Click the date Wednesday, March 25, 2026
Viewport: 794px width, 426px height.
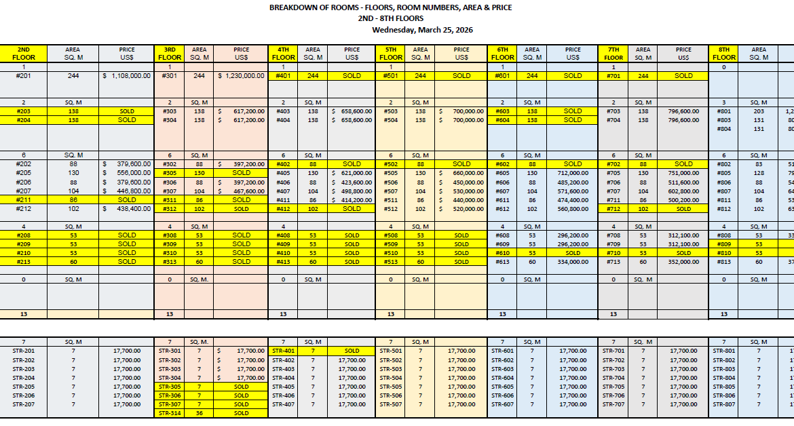pyautogui.click(x=422, y=30)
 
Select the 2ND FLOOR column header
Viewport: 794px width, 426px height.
pyautogui.click(x=23, y=54)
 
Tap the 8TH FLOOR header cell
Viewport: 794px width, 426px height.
pyautogui.click(x=723, y=54)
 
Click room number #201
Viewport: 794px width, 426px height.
pyautogui.click(x=23, y=76)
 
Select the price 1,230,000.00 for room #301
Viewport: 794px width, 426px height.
pyautogui.click(x=241, y=76)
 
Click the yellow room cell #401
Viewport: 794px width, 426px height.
pyautogui.click(x=284, y=76)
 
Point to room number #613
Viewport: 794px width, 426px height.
pyautogui.click(x=502, y=261)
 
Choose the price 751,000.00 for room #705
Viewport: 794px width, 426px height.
pyautogui.click(x=684, y=173)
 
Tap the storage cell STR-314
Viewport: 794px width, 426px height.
pyautogui.click(x=170, y=413)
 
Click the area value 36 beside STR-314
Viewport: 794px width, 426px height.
pyautogui.click(x=200, y=413)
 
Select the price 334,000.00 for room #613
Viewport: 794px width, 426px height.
pyautogui.click(x=573, y=261)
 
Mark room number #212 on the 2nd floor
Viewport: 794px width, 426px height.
pyautogui.click(x=23, y=209)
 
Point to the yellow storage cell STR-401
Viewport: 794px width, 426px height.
pyautogui.click(x=284, y=351)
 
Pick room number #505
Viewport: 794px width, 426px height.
pyautogui.click(x=391, y=173)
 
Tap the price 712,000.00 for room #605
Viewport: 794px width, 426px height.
pyautogui.click(x=573, y=173)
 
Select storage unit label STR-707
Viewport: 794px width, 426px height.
pyautogui.click(x=613, y=404)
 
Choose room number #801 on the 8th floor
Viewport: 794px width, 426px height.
pyautogui.click(x=723, y=111)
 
